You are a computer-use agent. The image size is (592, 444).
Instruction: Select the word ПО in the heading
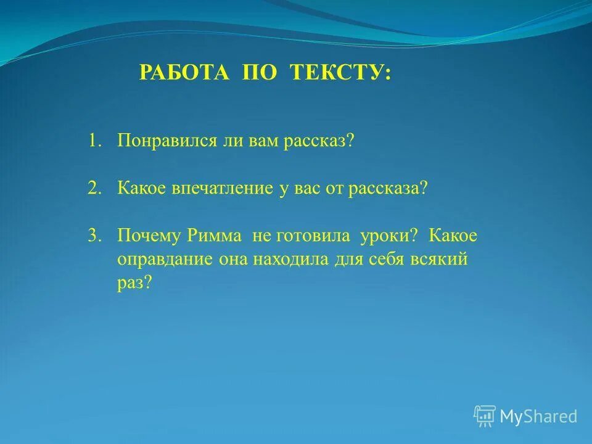click(x=258, y=73)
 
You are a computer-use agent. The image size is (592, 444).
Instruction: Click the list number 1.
click(x=94, y=141)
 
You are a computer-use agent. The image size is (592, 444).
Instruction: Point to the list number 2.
click(x=94, y=188)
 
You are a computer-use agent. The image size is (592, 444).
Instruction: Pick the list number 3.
click(x=94, y=236)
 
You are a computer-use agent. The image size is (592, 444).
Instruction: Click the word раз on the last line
click(x=133, y=282)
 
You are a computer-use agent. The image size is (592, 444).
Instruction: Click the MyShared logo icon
click(x=485, y=416)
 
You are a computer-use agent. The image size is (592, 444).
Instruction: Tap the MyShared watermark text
click(x=538, y=416)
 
